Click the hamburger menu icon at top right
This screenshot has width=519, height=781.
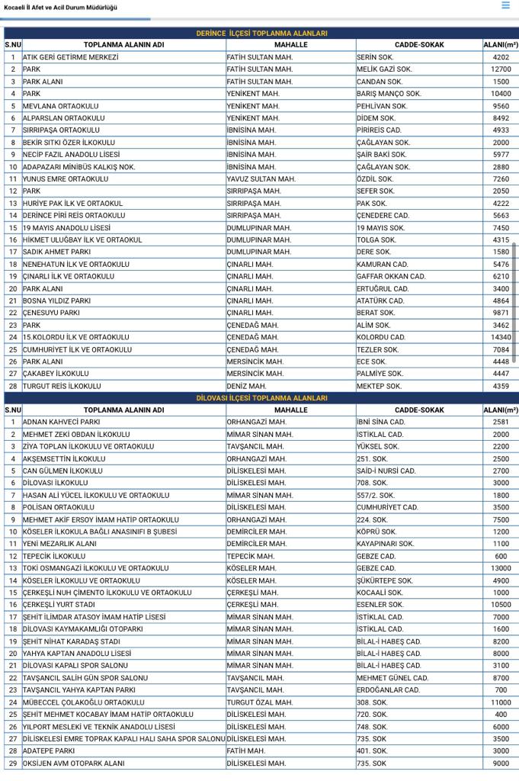[505, 5]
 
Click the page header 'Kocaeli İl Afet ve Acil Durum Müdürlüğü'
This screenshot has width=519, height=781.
[61, 7]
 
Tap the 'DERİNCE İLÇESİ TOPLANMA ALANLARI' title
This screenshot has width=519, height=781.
[261, 34]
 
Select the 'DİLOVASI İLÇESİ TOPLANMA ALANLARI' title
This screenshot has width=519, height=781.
[261, 398]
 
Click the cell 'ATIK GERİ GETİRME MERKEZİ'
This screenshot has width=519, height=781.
[71, 57]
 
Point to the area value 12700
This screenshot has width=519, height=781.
[501, 69]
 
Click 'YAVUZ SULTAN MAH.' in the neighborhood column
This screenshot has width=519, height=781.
[261, 179]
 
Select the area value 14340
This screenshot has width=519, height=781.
[501, 337]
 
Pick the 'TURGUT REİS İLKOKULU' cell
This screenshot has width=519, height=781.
[62, 386]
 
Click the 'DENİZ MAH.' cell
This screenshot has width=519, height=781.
[247, 386]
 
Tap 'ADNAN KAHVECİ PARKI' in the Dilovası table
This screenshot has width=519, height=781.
[62, 422]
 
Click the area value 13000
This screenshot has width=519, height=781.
[501, 568]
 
